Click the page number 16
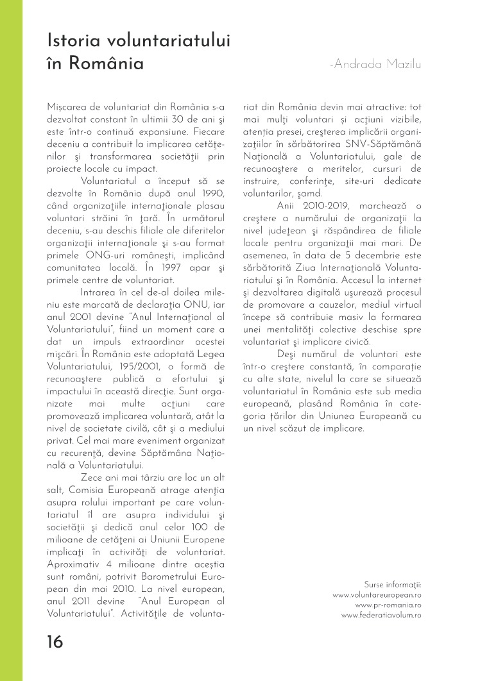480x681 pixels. tap(55, 641)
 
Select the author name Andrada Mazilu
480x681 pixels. tap(379, 65)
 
